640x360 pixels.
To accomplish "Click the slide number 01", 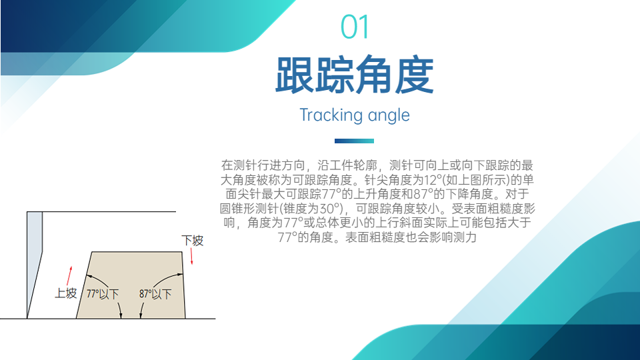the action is tap(355, 27).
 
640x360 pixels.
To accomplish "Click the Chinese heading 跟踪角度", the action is tap(354, 75).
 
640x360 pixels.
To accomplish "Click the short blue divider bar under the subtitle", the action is tap(354, 141).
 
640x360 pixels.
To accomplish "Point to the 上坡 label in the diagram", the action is tap(66, 293).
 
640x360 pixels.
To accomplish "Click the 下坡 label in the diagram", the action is tap(192, 241).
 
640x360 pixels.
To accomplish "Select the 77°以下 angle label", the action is tap(103, 294).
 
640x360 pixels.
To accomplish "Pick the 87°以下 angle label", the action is tap(155, 294).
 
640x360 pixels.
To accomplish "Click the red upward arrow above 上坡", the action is tap(69, 276).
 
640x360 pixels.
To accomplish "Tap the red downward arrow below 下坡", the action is tap(191, 256).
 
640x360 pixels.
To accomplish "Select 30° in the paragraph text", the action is tap(331, 209).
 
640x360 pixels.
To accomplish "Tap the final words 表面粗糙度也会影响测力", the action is tap(411, 237).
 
